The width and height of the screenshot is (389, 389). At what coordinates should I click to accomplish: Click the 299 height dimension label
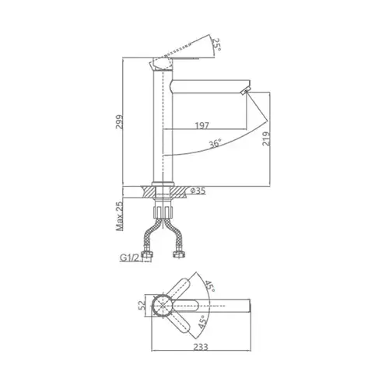(120, 122)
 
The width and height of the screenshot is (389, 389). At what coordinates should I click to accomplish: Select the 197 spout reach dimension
(202, 125)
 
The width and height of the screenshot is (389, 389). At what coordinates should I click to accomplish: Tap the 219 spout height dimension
(266, 138)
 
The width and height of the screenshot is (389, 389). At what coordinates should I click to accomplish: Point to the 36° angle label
(216, 143)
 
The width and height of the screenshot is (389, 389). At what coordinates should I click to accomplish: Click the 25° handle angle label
(216, 44)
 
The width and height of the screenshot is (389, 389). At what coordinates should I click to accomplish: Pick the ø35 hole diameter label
(198, 191)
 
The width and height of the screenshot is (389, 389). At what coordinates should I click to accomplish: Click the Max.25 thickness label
(120, 216)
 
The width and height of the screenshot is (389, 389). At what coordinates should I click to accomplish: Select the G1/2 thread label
(130, 258)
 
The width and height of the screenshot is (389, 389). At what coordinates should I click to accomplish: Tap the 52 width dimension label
(142, 305)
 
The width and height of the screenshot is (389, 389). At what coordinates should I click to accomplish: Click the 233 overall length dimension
(201, 347)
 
